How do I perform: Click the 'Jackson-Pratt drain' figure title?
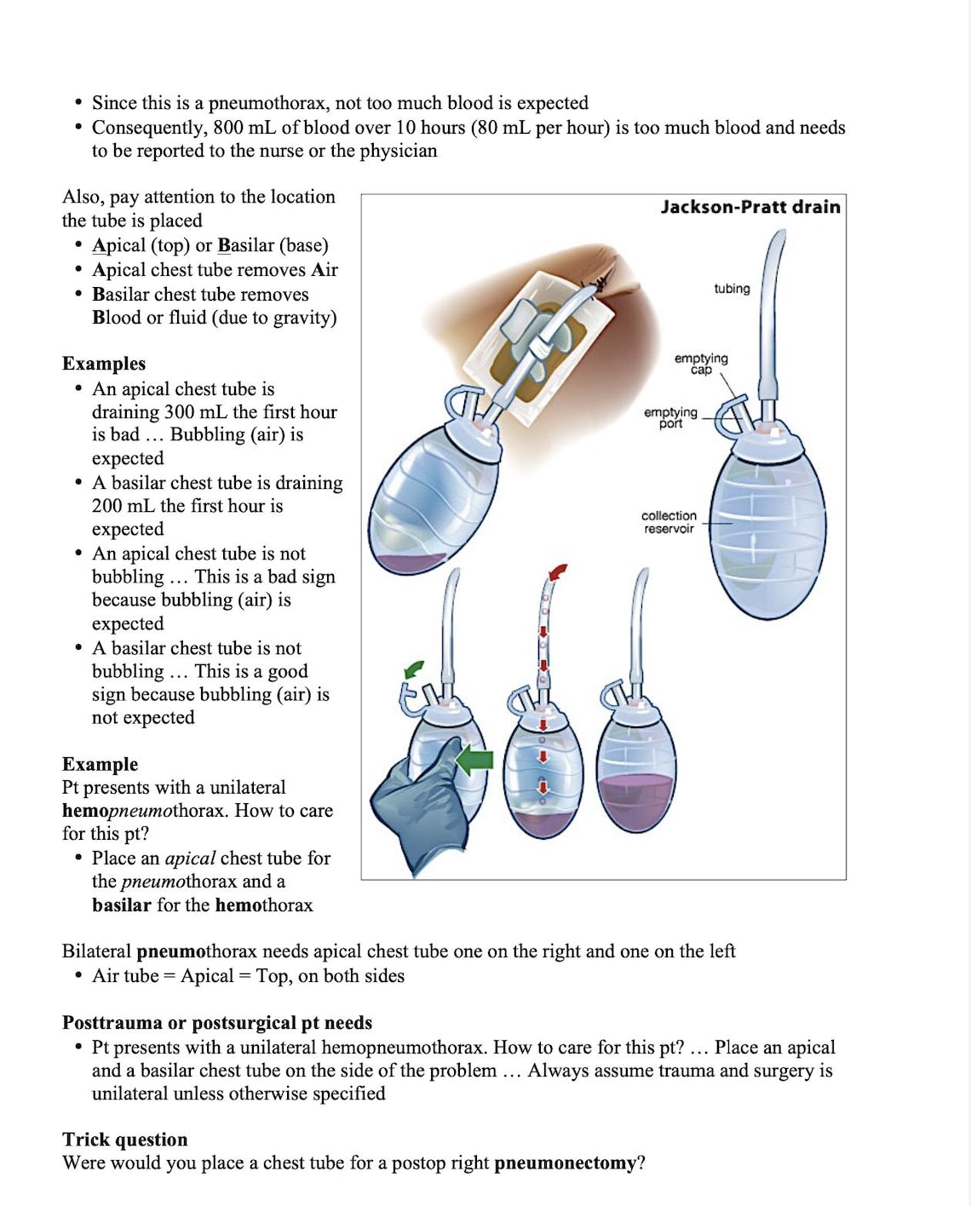pyautogui.click(x=750, y=207)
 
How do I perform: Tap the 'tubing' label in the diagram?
pyautogui.click(x=732, y=289)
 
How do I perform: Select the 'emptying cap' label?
pyautogui.click(x=701, y=364)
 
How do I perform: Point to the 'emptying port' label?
pyautogui.click(x=670, y=417)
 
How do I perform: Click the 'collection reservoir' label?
pyautogui.click(x=669, y=522)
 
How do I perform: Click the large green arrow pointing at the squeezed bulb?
pyautogui.click(x=474, y=760)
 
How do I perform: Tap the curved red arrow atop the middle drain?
pyautogui.click(x=557, y=572)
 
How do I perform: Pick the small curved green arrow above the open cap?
pyautogui.click(x=414, y=669)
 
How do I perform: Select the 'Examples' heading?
pyautogui.click(x=104, y=363)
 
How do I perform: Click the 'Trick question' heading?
pyautogui.click(x=125, y=1140)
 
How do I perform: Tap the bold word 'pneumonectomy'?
pyautogui.click(x=565, y=1163)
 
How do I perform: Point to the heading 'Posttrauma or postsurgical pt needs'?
pyautogui.click(x=217, y=1023)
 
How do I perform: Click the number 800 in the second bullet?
pyautogui.click(x=228, y=128)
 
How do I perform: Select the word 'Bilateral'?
pyautogui.click(x=97, y=951)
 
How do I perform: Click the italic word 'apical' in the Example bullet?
pyautogui.click(x=190, y=859)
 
